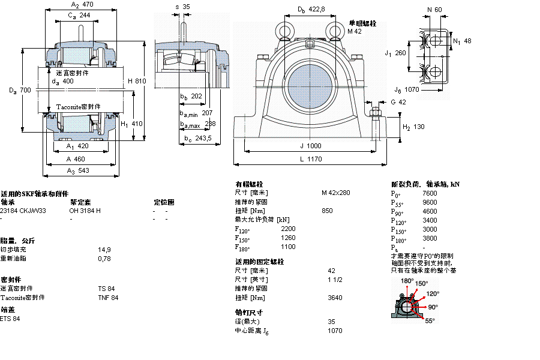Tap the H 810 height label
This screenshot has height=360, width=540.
click(x=137, y=81)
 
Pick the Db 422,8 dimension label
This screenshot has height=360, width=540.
click(x=311, y=9)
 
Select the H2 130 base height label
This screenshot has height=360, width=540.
click(x=413, y=127)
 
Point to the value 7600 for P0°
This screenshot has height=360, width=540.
click(x=430, y=194)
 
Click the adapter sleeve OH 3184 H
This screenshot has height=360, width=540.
click(x=85, y=211)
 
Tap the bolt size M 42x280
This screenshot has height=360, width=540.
click(x=335, y=193)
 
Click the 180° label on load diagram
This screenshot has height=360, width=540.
click(x=407, y=281)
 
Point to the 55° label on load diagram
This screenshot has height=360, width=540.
click(x=430, y=321)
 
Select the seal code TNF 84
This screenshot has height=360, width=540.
click(x=108, y=298)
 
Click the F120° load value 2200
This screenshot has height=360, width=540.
click(x=288, y=229)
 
